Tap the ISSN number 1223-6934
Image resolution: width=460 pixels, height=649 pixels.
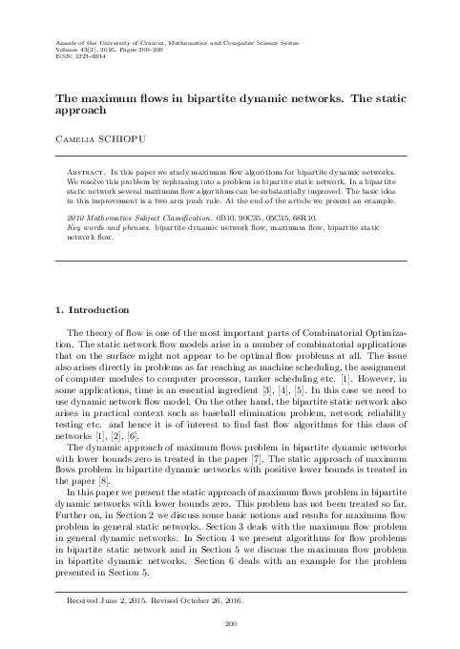[77, 57]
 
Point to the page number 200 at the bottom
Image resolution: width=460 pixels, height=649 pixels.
[229, 624]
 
